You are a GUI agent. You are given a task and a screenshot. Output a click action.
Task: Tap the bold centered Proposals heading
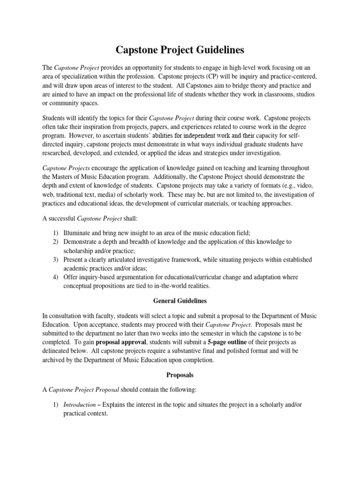tap(180, 375)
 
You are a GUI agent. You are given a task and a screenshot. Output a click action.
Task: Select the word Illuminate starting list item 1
tap(79, 232)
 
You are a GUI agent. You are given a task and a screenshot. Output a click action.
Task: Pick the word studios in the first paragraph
tap(304, 94)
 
